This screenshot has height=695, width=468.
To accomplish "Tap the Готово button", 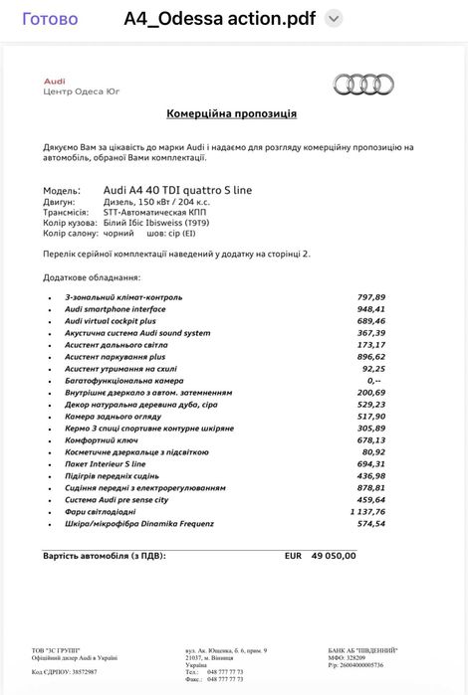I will [49, 19].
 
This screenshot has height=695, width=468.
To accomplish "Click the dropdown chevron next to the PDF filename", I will [334, 19].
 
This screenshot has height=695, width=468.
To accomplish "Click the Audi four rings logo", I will [362, 85].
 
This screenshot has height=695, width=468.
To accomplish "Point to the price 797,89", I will [370, 297].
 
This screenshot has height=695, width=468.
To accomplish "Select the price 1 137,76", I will [364, 511].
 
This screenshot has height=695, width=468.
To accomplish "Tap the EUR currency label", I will [293, 556].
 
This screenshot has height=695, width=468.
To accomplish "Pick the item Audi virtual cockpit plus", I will [110, 321].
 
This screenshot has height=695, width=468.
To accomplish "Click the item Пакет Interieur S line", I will [106, 463].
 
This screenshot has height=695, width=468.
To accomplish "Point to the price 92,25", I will [374, 369].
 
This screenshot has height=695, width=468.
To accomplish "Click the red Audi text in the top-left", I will [55, 80].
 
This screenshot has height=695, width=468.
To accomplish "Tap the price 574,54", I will [370, 523].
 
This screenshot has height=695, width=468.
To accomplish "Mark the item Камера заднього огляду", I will [113, 416].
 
